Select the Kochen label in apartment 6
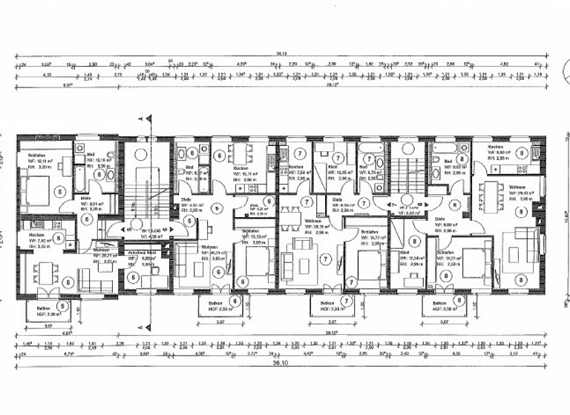point(240,168)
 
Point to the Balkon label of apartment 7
point(327,303)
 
